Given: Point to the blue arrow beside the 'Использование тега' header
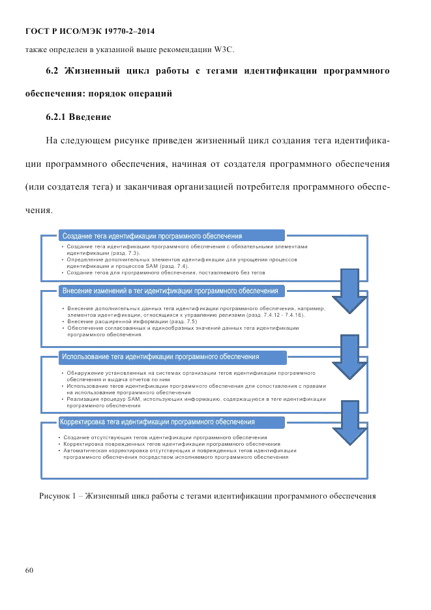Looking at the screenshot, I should tap(350, 355).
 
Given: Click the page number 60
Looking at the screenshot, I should tap(29, 570).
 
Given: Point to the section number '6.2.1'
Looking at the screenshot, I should tap(55, 117).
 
